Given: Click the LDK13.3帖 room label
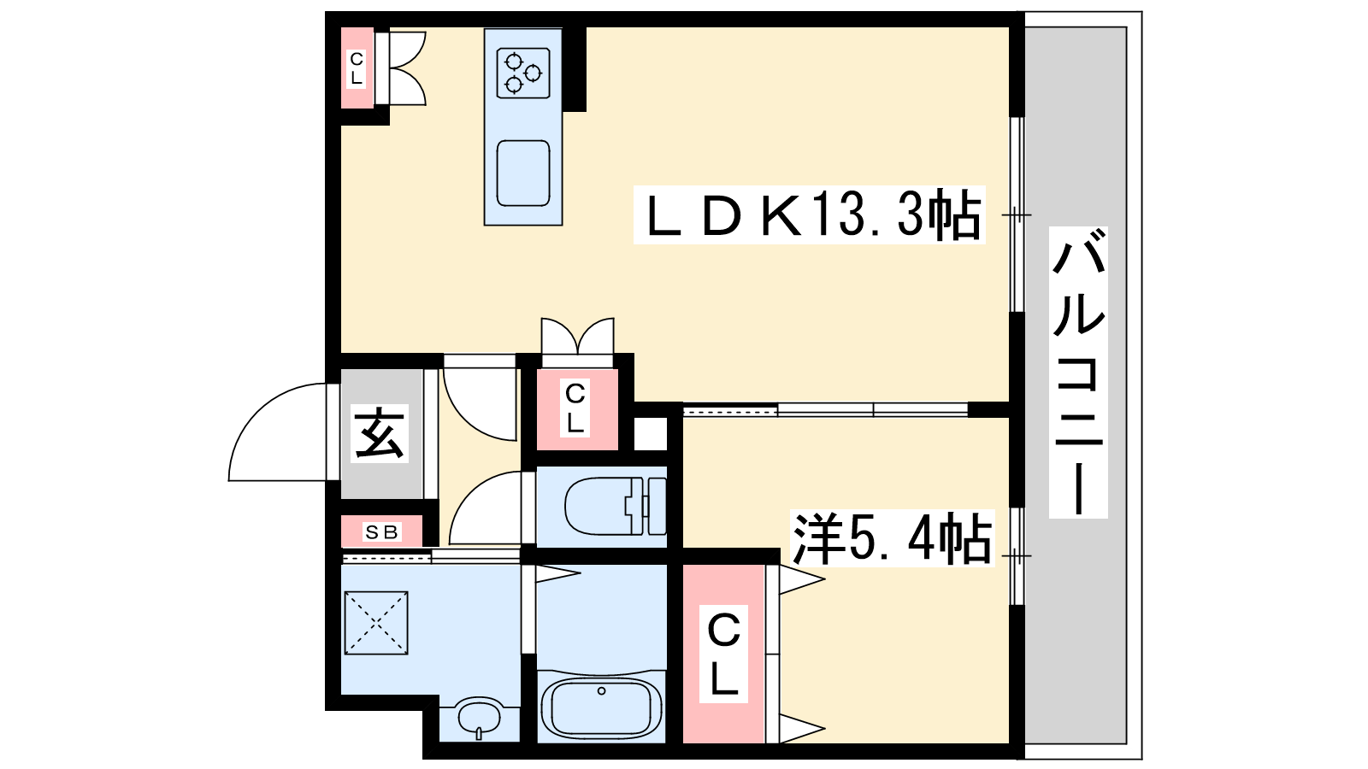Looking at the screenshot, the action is (x=810, y=214).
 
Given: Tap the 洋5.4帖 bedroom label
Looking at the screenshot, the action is (x=893, y=539).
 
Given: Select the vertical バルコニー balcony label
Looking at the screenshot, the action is (x=1078, y=373).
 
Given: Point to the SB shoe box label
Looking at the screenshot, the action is (x=381, y=533).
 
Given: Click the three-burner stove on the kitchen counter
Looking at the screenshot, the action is (x=523, y=73).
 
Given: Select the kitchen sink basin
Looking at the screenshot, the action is (x=523, y=173).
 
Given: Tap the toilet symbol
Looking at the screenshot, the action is (x=615, y=506).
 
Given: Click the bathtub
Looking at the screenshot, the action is (x=602, y=708).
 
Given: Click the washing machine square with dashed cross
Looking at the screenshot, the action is (x=376, y=623).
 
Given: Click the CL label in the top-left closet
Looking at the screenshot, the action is (x=356, y=68).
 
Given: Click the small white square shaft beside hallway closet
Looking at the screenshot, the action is (x=651, y=434).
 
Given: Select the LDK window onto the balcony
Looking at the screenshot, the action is (x=1017, y=214).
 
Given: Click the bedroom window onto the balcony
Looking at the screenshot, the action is (x=1017, y=556).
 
